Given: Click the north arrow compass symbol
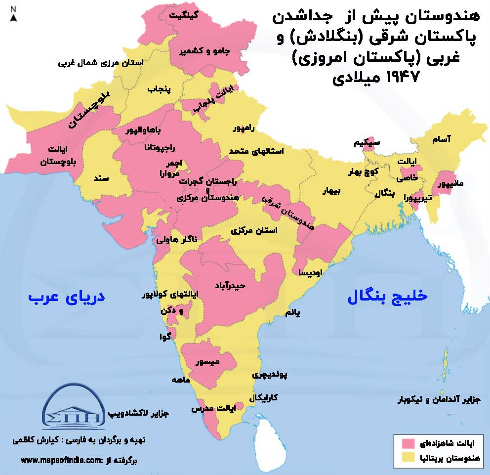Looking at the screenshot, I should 14,15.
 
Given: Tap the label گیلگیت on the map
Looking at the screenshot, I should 184,15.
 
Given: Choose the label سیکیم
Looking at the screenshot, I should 367,143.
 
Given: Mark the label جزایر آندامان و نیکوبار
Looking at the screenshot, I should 440,399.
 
